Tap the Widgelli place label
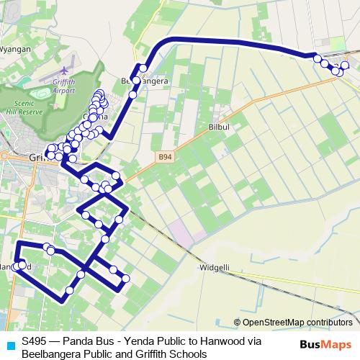(214, 267)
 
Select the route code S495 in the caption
(35, 341)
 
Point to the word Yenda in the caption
(138, 341)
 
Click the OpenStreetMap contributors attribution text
(297, 323)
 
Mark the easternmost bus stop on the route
(345, 66)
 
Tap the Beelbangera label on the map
(145, 81)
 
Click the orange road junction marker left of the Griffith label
(3, 156)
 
